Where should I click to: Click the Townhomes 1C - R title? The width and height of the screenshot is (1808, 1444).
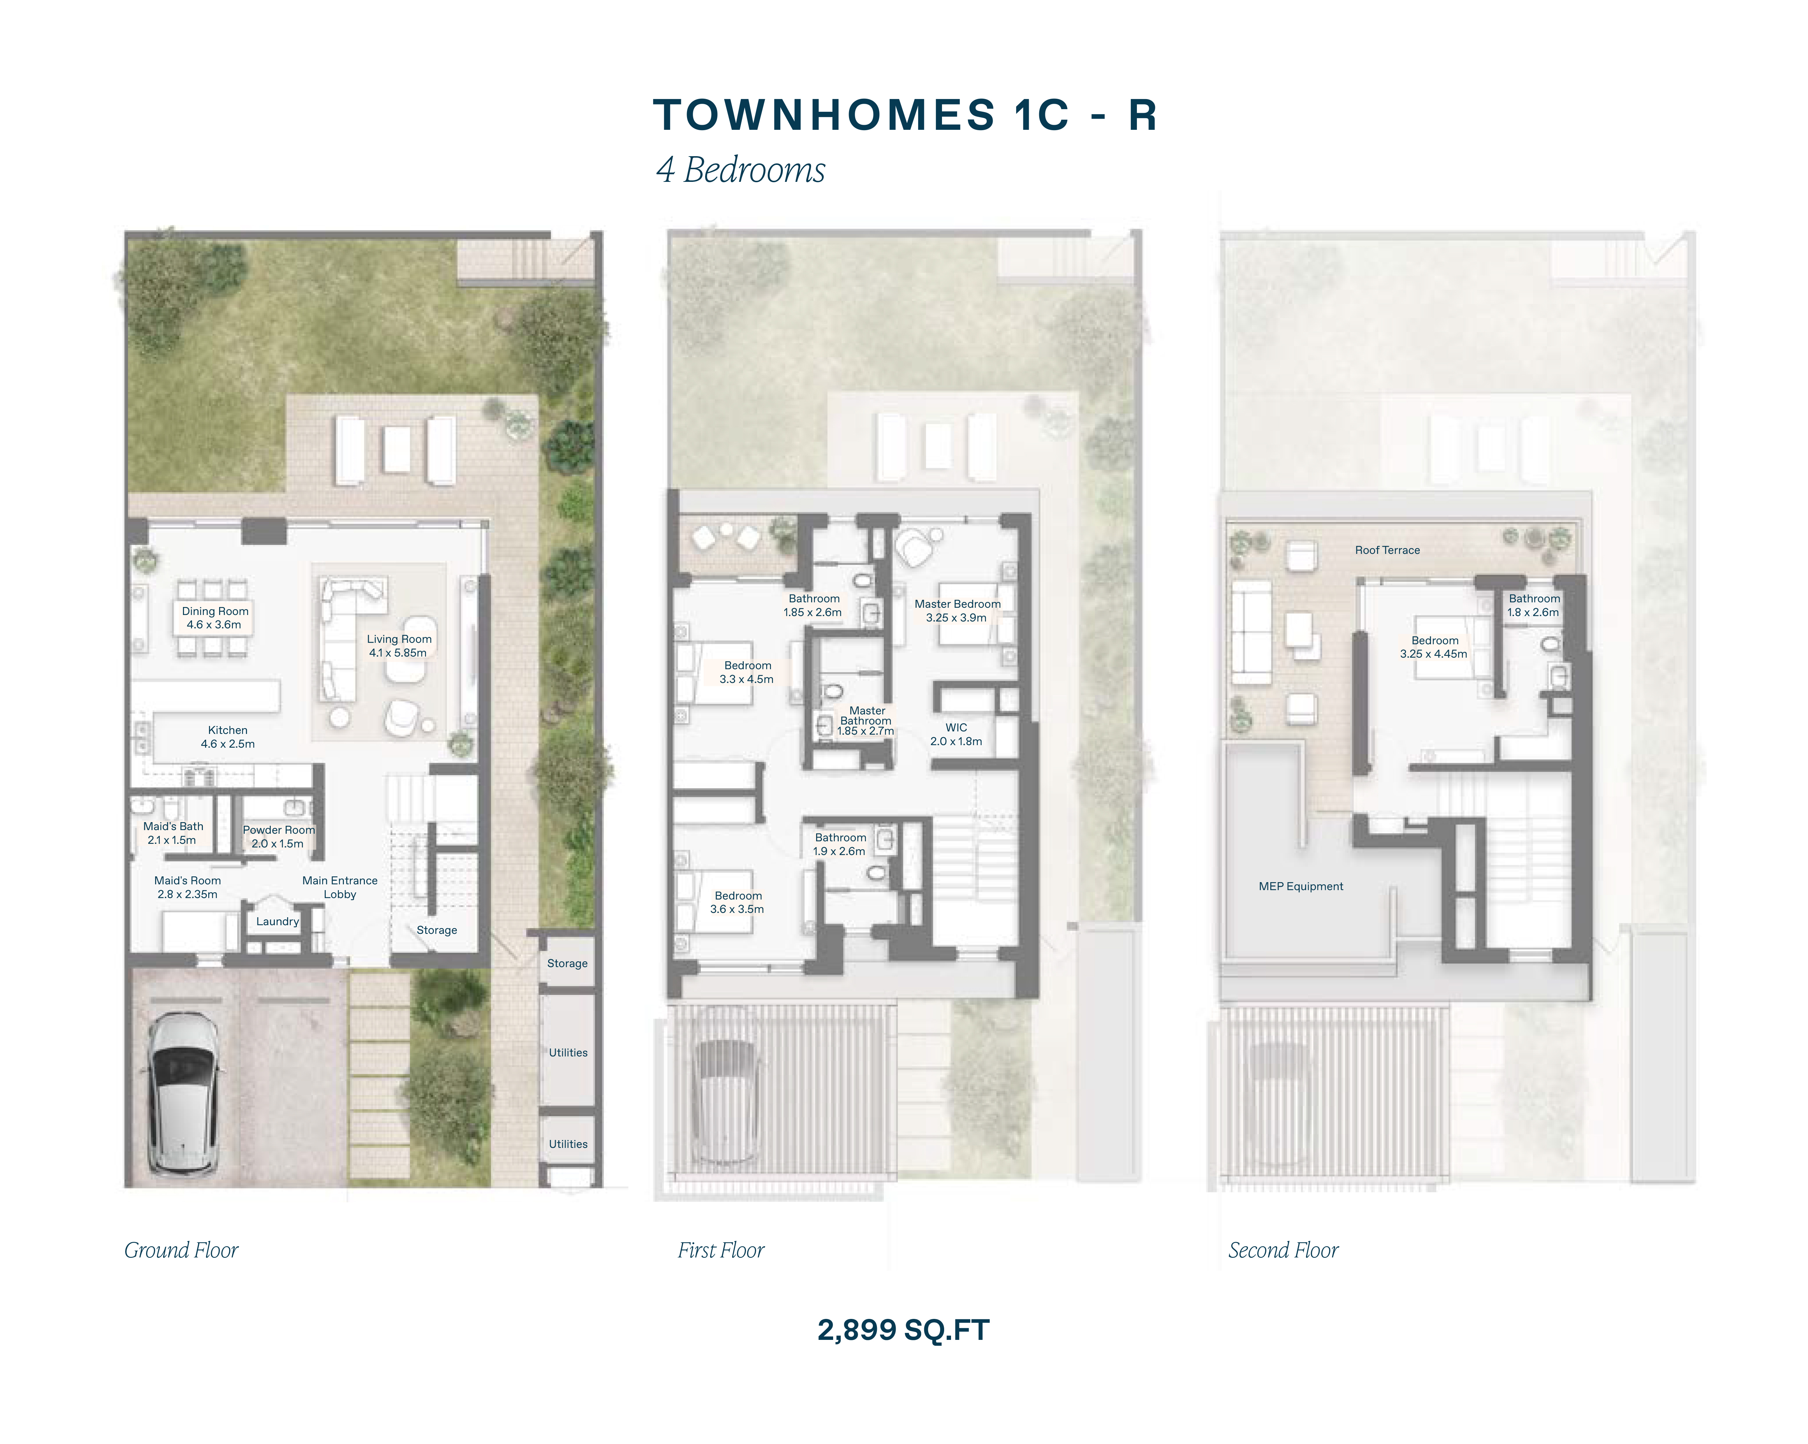905,115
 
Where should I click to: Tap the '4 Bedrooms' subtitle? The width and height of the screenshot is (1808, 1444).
741,170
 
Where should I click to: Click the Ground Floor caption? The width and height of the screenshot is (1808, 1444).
181,1250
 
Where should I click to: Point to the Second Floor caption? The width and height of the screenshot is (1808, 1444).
1283,1250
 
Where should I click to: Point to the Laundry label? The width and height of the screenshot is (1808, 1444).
278,922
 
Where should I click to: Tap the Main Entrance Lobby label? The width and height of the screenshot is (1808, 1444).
340,887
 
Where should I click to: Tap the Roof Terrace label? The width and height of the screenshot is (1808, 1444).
1387,550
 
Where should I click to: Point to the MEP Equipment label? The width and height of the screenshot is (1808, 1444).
1301,887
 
